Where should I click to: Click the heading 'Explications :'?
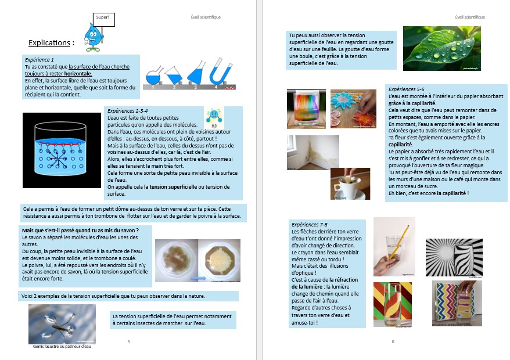(51, 44)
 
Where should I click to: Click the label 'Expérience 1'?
(39, 60)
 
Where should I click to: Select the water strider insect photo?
(62, 323)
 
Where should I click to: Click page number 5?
(128, 341)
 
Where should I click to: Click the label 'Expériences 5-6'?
(406, 90)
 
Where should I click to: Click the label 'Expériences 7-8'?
(310, 224)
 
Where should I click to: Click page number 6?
(393, 341)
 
